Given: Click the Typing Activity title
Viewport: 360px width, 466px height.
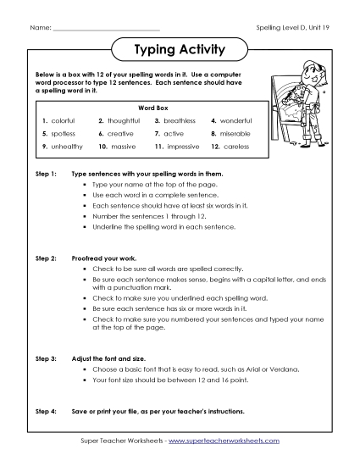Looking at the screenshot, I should pos(180,50).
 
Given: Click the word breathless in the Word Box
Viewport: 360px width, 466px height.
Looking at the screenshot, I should pos(179,121).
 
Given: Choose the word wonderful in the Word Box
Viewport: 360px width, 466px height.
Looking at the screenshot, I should pos(235,121).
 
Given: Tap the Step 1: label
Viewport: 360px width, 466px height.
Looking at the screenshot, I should pos(45,173).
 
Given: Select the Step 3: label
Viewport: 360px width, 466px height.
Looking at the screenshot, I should pos(45,359).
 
